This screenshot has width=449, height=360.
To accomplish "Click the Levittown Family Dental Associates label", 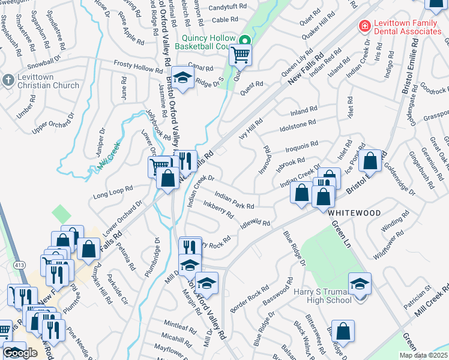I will [x=408, y=27].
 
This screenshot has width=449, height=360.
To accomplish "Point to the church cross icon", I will [x=8, y=80].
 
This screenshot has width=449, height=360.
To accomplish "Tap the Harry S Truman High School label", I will [x=322, y=296].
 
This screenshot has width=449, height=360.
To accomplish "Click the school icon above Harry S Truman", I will [x=360, y=284].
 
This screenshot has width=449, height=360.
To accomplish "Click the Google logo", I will [x=19, y=353].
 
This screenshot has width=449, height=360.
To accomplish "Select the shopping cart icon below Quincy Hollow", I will [x=240, y=55].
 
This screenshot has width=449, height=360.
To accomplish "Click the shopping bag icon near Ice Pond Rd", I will [x=370, y=161].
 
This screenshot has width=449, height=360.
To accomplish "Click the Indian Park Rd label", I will [x=234, y=201].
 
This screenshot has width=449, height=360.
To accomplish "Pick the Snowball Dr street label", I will [x=44, y=62].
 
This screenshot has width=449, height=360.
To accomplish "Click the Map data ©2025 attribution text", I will [x=423, y=355].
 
